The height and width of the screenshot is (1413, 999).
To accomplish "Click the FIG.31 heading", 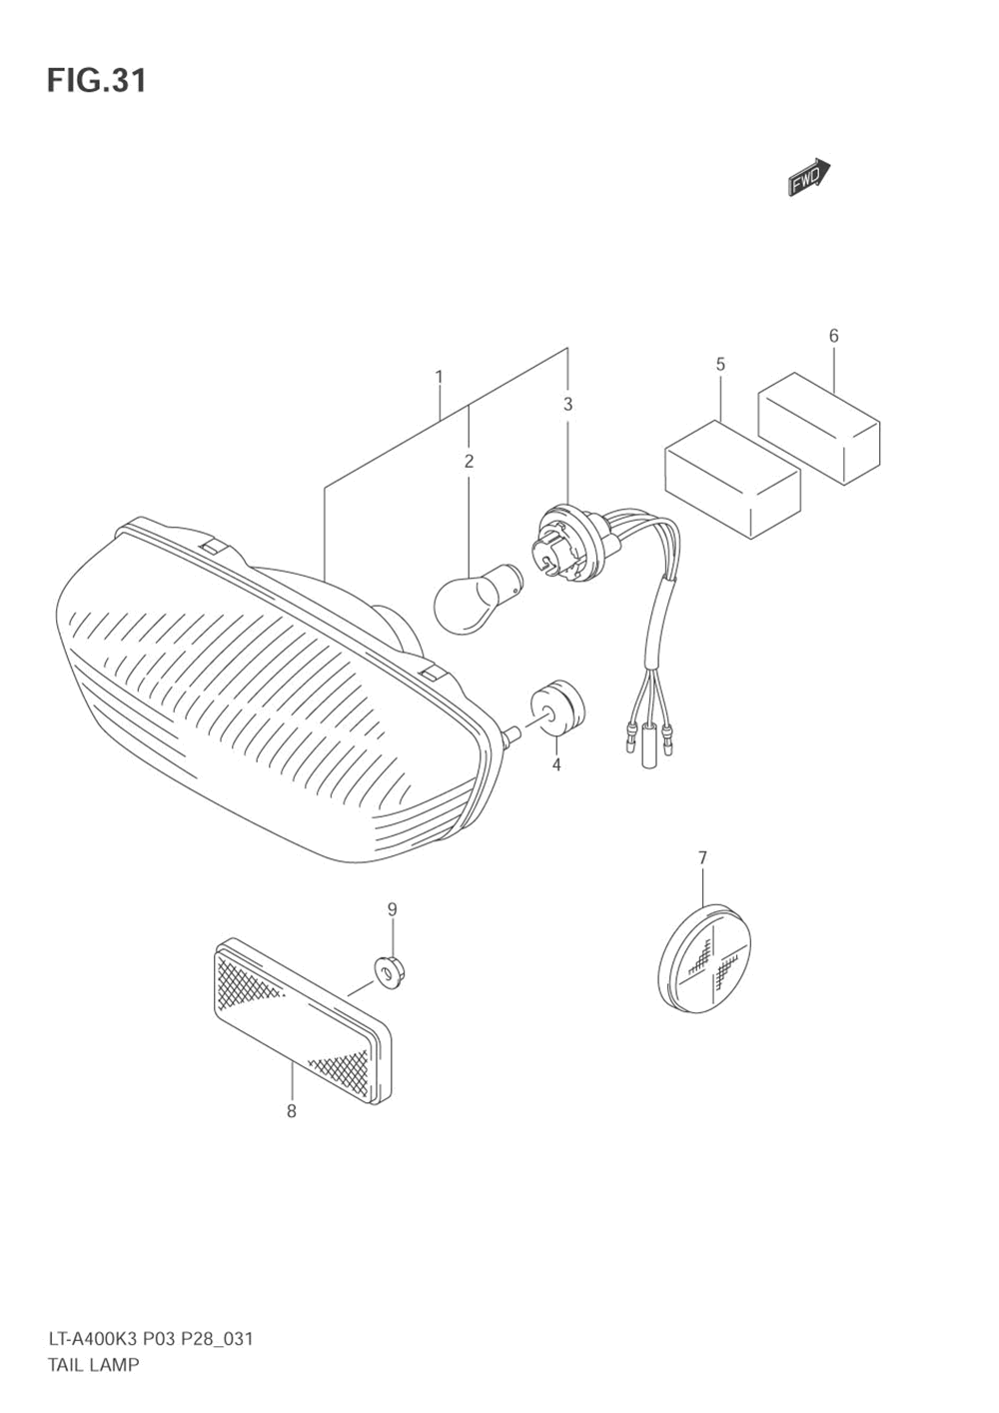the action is [x=96, y=81].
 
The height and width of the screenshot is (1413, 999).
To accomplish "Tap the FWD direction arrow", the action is [x=809, y=177].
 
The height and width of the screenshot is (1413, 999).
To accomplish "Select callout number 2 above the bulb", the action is [x=468, y=461].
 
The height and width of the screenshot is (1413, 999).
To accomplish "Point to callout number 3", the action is [x=567, y=405].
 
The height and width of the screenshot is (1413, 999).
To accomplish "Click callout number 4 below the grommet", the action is [x=556, y=765].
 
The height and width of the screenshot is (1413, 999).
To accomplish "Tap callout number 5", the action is [x=720, y=364].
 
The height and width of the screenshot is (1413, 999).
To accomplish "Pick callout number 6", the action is [x=834, y=336].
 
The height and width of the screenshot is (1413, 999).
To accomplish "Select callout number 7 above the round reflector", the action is [x=702, y=857].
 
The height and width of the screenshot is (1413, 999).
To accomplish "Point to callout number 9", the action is [x=393, y=909].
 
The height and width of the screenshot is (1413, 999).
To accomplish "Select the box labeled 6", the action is [x=818, y=429].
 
